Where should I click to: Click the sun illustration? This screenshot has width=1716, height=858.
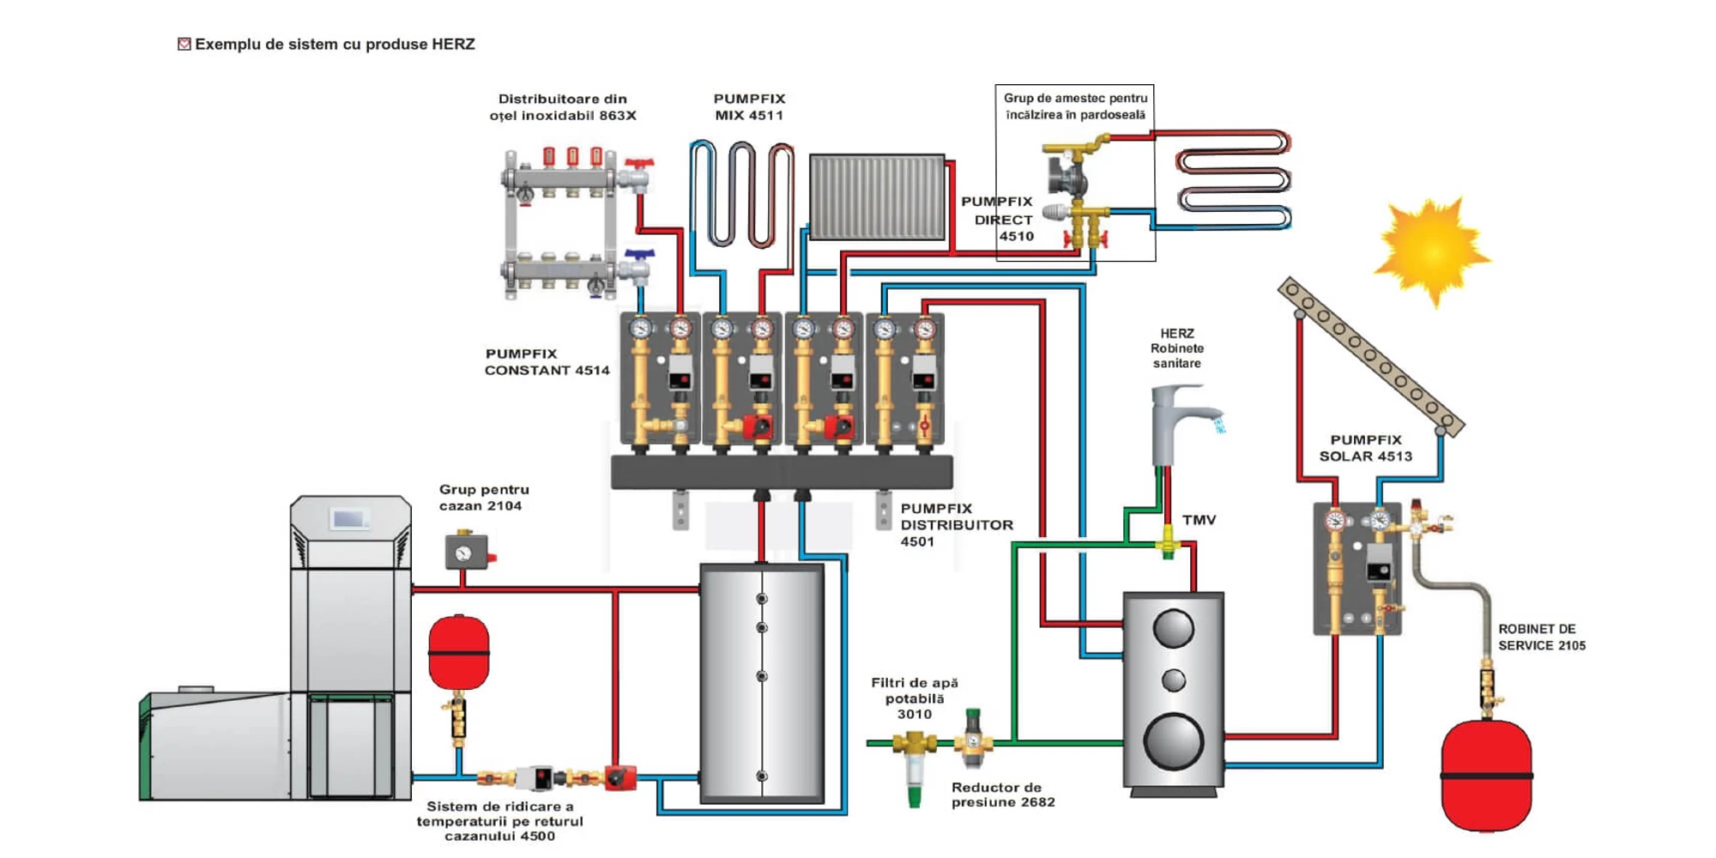(x=1431, y=251)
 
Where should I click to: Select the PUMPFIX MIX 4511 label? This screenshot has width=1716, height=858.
(x=749, y=107)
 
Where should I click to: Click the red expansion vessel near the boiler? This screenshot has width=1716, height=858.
(x=459, y=652)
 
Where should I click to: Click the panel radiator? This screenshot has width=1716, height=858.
(x=877, y=197)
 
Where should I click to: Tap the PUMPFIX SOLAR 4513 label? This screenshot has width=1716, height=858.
(x=1365, y=448)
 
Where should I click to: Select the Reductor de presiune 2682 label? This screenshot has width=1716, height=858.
(x=1002, y=795)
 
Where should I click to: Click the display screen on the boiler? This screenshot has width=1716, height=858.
(x=350, y=518)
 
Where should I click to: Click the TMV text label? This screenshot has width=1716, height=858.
(x=1199, y=520)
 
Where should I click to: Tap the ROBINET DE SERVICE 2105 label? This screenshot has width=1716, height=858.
(x=1541, y=637)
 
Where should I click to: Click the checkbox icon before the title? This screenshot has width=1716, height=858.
(x=184, y=45)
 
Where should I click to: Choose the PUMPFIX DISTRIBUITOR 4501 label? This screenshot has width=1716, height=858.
(x=956, y=524)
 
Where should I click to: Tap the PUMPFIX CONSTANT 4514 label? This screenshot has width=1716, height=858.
(x=547, y=362)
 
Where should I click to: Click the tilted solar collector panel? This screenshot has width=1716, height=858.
(x=1370, y=355)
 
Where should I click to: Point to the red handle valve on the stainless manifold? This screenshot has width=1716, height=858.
(x=638, y=163)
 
